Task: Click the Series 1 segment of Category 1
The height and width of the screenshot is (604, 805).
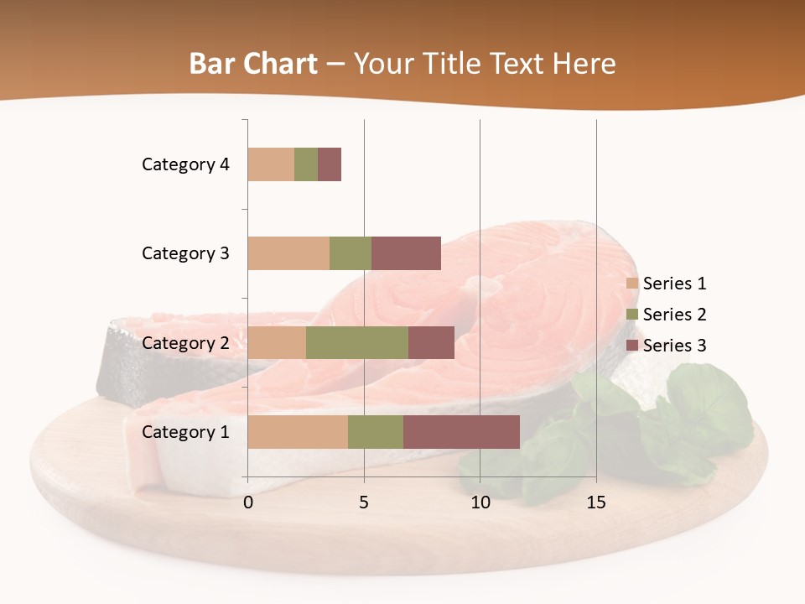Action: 298,432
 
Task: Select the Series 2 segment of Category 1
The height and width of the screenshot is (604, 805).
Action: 376,432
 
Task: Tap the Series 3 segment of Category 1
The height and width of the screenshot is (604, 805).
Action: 461,432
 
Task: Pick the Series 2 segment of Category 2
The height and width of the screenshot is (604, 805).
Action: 357,342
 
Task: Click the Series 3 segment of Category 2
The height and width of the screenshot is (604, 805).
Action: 431,342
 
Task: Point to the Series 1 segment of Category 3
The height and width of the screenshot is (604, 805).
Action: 288,253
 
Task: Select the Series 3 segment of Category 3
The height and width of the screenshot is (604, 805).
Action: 406,253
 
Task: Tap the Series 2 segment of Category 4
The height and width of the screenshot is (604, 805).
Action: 306,164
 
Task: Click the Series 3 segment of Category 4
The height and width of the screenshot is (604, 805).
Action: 330,164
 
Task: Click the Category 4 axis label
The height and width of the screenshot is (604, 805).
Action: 185,164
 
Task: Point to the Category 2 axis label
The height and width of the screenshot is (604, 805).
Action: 185,342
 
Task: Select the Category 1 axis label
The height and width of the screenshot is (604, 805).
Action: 185,432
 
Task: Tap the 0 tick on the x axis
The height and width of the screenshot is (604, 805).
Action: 248,502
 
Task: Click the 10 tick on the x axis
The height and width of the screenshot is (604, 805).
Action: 480,502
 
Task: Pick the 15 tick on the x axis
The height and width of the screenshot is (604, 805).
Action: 595,502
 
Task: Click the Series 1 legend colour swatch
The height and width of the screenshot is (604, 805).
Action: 632,284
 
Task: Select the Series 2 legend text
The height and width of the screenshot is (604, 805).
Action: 674,315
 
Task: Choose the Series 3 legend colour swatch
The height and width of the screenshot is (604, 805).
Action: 632,346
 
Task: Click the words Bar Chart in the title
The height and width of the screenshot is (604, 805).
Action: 253,64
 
